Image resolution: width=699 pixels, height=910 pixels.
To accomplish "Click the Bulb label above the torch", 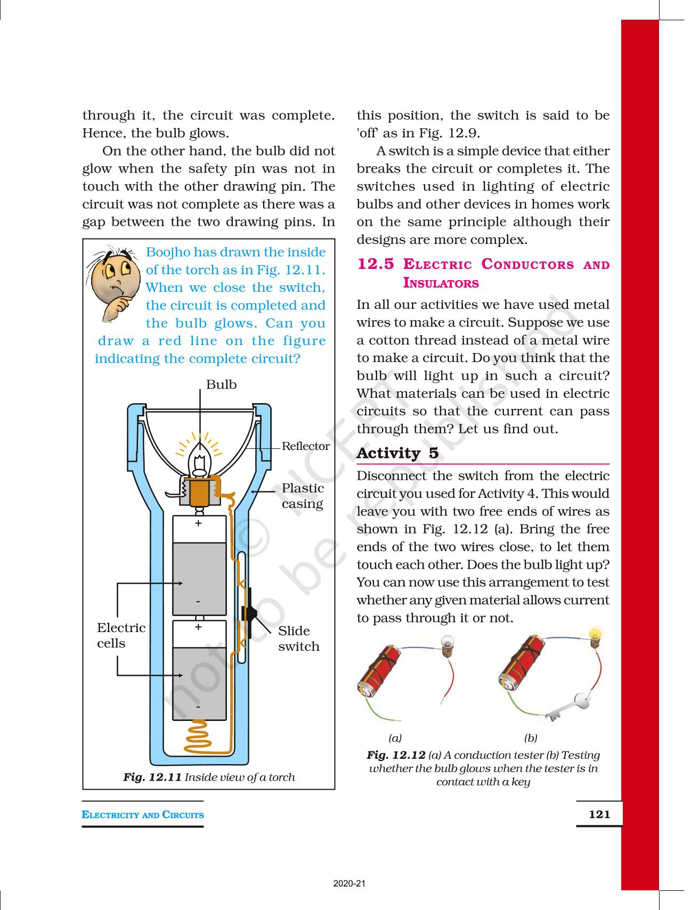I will (x=221, y=384).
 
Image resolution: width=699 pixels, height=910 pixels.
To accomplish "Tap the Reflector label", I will (x=305, y=446).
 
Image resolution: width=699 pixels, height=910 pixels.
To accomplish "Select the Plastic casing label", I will (x=303, y=496).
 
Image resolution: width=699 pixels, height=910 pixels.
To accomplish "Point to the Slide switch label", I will (x=298, y=638).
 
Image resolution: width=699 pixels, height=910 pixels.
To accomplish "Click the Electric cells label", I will (x=121, y=635).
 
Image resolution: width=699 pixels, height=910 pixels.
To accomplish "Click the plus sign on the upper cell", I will (x=198, y=524).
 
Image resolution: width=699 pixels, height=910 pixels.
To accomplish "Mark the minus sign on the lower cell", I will (x=198, y=707).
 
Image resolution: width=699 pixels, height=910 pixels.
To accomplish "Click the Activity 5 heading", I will (x=397, y=453).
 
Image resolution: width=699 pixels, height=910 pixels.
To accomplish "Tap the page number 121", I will (x=599, y=814).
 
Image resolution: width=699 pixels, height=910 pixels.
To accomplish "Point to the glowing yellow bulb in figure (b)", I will (x=595, y=635).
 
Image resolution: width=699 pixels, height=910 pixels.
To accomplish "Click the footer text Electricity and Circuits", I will (x=143, y=815).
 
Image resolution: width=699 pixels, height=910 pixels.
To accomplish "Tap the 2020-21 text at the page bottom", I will (x=349, y=884).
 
